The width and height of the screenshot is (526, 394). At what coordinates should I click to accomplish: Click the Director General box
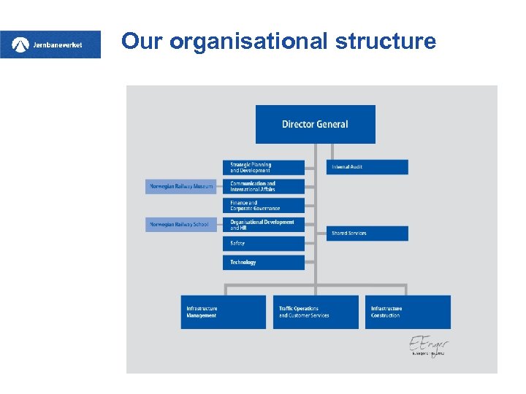pyautogui.click(x=315, y=124)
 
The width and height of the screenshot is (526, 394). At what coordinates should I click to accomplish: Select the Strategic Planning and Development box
pyautogui.click(x=263, y=168)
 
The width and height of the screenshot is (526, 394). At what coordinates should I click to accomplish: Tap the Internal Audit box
pyautogui.click(x=367, y=167)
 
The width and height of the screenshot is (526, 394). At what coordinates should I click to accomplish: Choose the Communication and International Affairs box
pyautogui.click(x=263, y=186)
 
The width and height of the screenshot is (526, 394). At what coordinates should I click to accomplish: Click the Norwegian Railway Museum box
pyautogui.click(x=181, y=186)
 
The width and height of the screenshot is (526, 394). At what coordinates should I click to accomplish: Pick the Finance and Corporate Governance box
pyautogui.click(x=263, y=206)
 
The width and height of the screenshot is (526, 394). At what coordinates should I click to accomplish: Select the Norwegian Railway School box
pyautogui.click(x=181, y=225)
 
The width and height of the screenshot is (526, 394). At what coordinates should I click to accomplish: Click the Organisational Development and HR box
pyautogui.click(x=263, y=225)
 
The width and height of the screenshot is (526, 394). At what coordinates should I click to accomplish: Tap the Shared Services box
pyautogui.click(x=367, y=233)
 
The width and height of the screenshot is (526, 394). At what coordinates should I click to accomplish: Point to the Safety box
pyautogui.click(x=263, y=243)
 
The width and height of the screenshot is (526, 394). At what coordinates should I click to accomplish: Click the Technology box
pyautogui.click(x=263, y=262)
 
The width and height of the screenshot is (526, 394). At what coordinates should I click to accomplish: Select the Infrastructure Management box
pyautogui.click(x=224, y=312)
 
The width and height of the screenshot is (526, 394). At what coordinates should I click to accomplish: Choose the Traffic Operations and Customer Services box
pyautogui.click(x=316, y=312)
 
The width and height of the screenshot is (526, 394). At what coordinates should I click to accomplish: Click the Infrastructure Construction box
pyautogui.click(x=408, y=312)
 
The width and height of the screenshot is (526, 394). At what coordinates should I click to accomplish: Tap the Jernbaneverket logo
pyautogui.click(x=50, y=45)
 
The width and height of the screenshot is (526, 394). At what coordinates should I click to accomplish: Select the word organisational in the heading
pyautogui.click(x=250, y=42)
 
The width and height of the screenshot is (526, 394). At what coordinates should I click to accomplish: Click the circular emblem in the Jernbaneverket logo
pyautogui.click(x=20, y=45)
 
